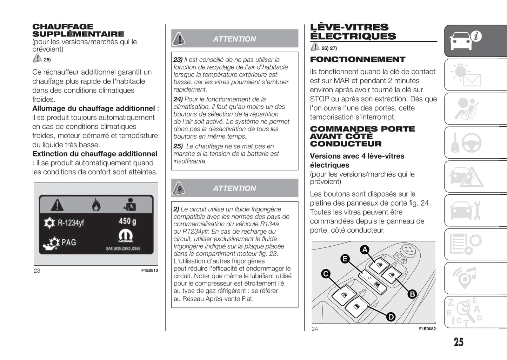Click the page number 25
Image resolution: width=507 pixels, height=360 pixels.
[458, 342]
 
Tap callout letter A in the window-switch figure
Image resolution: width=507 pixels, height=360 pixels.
[365, 249]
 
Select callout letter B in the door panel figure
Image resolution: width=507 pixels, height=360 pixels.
[412, 294]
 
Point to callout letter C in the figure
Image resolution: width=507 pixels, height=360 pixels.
[326, 274]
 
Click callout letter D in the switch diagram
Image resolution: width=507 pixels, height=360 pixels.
[391, 317]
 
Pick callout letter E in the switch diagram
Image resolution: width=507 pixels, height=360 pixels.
[345, 259]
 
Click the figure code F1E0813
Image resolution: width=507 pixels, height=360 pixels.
[149, 271]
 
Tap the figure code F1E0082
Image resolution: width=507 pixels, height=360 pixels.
[427, 329]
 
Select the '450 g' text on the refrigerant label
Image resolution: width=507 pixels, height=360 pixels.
[127, 221]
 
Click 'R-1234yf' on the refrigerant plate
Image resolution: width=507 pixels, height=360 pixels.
[71, 222]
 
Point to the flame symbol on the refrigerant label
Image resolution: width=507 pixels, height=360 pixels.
[96, 205]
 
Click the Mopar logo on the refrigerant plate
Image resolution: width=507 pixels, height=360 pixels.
[125, 235]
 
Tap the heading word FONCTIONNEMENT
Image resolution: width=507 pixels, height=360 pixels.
[358, 59]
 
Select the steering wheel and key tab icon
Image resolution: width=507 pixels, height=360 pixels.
[466, 142]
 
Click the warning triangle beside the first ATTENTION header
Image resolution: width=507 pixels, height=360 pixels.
[179, 39]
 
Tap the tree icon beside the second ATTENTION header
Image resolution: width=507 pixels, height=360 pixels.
[179, 188]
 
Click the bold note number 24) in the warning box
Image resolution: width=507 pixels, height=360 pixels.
[178, 99]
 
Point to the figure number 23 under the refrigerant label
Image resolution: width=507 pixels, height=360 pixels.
[37, 271]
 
